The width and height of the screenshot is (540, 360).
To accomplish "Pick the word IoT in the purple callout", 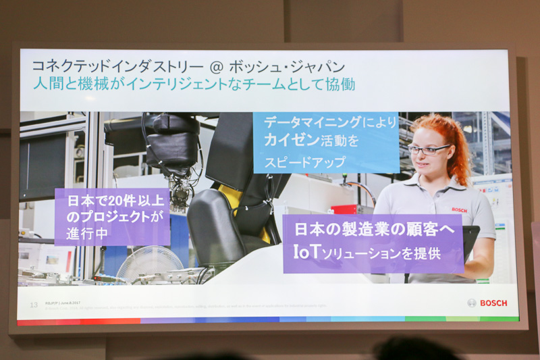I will [x=308, y=253].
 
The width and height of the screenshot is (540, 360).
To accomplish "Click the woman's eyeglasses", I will [x=427, y=149].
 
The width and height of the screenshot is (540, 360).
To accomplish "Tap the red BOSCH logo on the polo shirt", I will [x=459, y=210].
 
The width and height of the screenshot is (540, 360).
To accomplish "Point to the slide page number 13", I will [x=33, y=305].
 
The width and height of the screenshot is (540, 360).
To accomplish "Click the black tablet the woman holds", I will [x=471, y=240].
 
